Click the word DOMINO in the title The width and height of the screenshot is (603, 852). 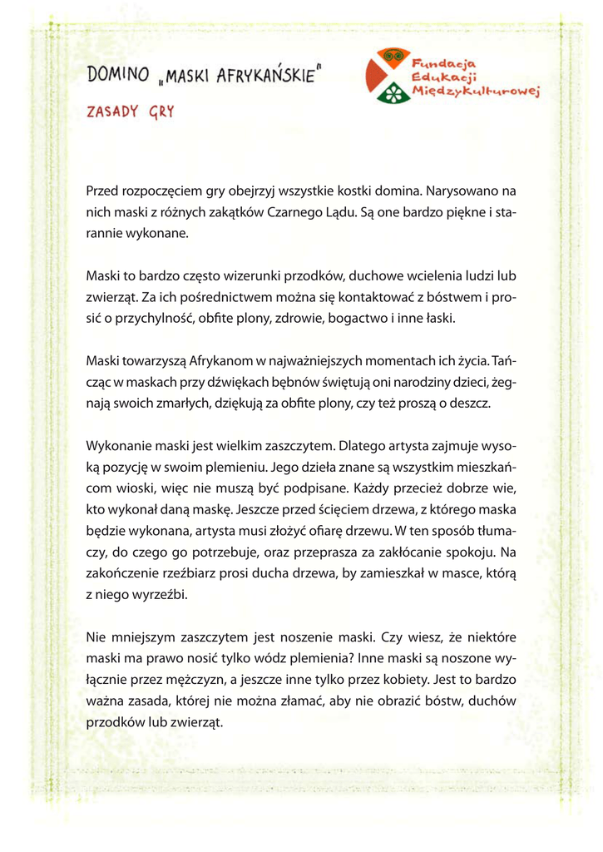117,76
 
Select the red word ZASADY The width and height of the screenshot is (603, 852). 112,112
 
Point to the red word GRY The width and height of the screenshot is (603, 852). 161,112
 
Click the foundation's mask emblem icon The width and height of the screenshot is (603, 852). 387,75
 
